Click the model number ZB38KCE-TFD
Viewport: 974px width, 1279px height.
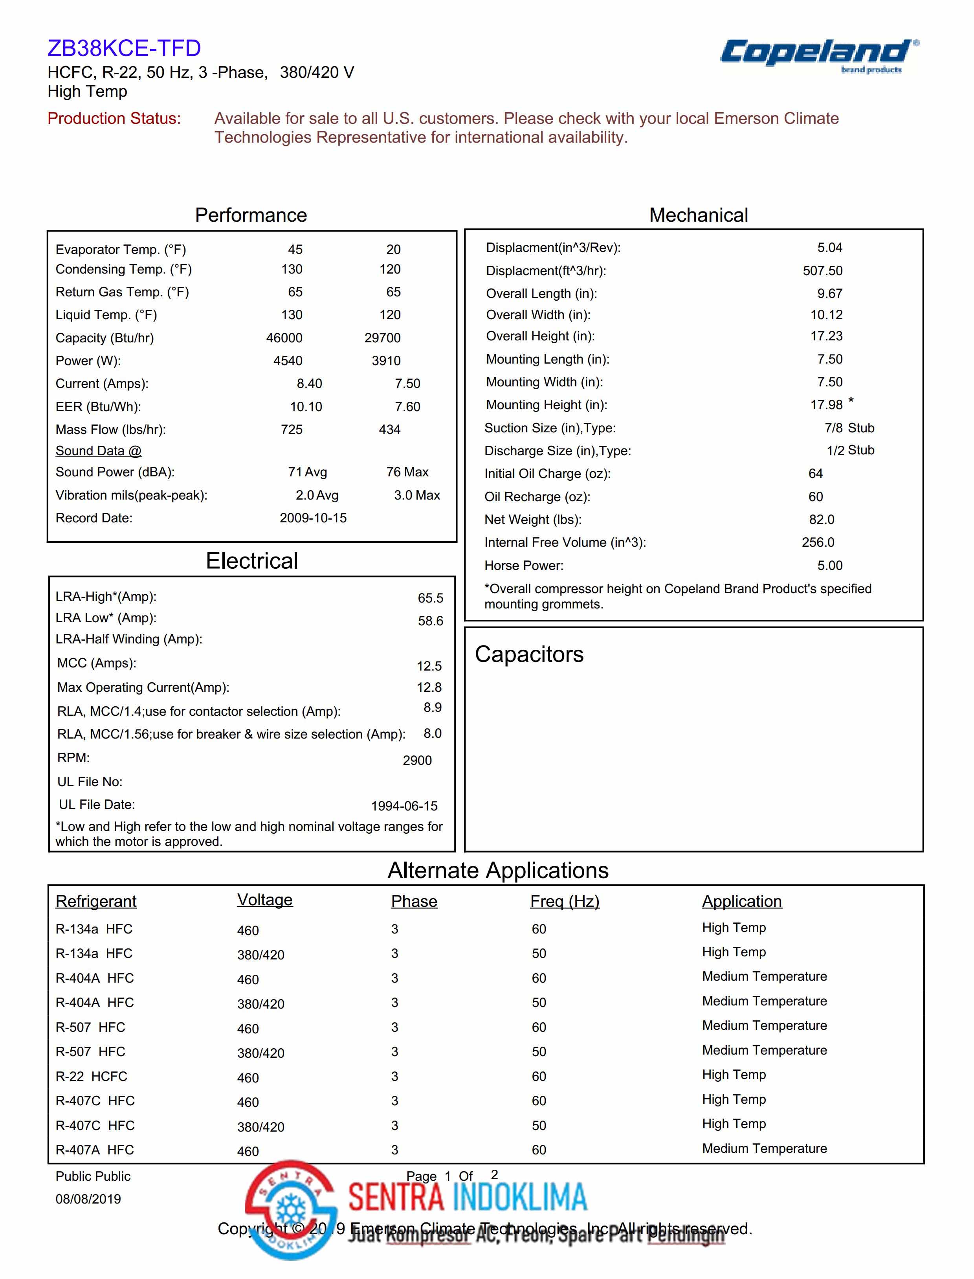pyautogui.click(x=124, y=48)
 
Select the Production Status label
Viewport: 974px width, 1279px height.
pyautogui.click(x=114, y=118)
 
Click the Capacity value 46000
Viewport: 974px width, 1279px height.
pyautogui.click(x=284, y=338)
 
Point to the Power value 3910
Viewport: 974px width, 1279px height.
pyautogui.click(x=386, y=361)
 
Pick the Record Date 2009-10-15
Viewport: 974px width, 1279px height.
pyautogui.click(x=313, y=518)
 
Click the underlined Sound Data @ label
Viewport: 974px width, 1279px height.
pyautogui.click(x=99, y=451)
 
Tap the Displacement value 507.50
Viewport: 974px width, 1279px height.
pyautogui.click(x=823, y=271)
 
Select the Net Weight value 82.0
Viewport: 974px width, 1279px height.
pyautogui.click(x=822, y=520)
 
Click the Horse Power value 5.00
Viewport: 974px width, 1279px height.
pyautogui.click(x=830, y=566)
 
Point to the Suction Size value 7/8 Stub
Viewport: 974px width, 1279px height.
pyautogui.click(x=849, y=428)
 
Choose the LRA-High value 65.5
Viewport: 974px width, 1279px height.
pyautogui.click(x=430, y=598)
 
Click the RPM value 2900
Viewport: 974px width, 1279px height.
pyautogui.click(x=417, y=761)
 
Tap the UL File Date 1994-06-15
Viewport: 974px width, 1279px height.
pyautogui.click(x=404, y=806)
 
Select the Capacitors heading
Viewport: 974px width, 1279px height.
pyautogui.click(x=529, y=654)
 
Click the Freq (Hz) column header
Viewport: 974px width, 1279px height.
pyautogui.click(x=565, y=901)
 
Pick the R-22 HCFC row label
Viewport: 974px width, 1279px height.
pyautogui.click(x=91, y=1077)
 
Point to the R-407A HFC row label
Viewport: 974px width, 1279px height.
pyautogui.click(x=95, y=1150)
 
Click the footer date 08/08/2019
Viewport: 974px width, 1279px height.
pyautogui.click(x=88, y=1199)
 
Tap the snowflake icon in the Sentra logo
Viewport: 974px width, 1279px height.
pyautogui.click(x=290, y=1210)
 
